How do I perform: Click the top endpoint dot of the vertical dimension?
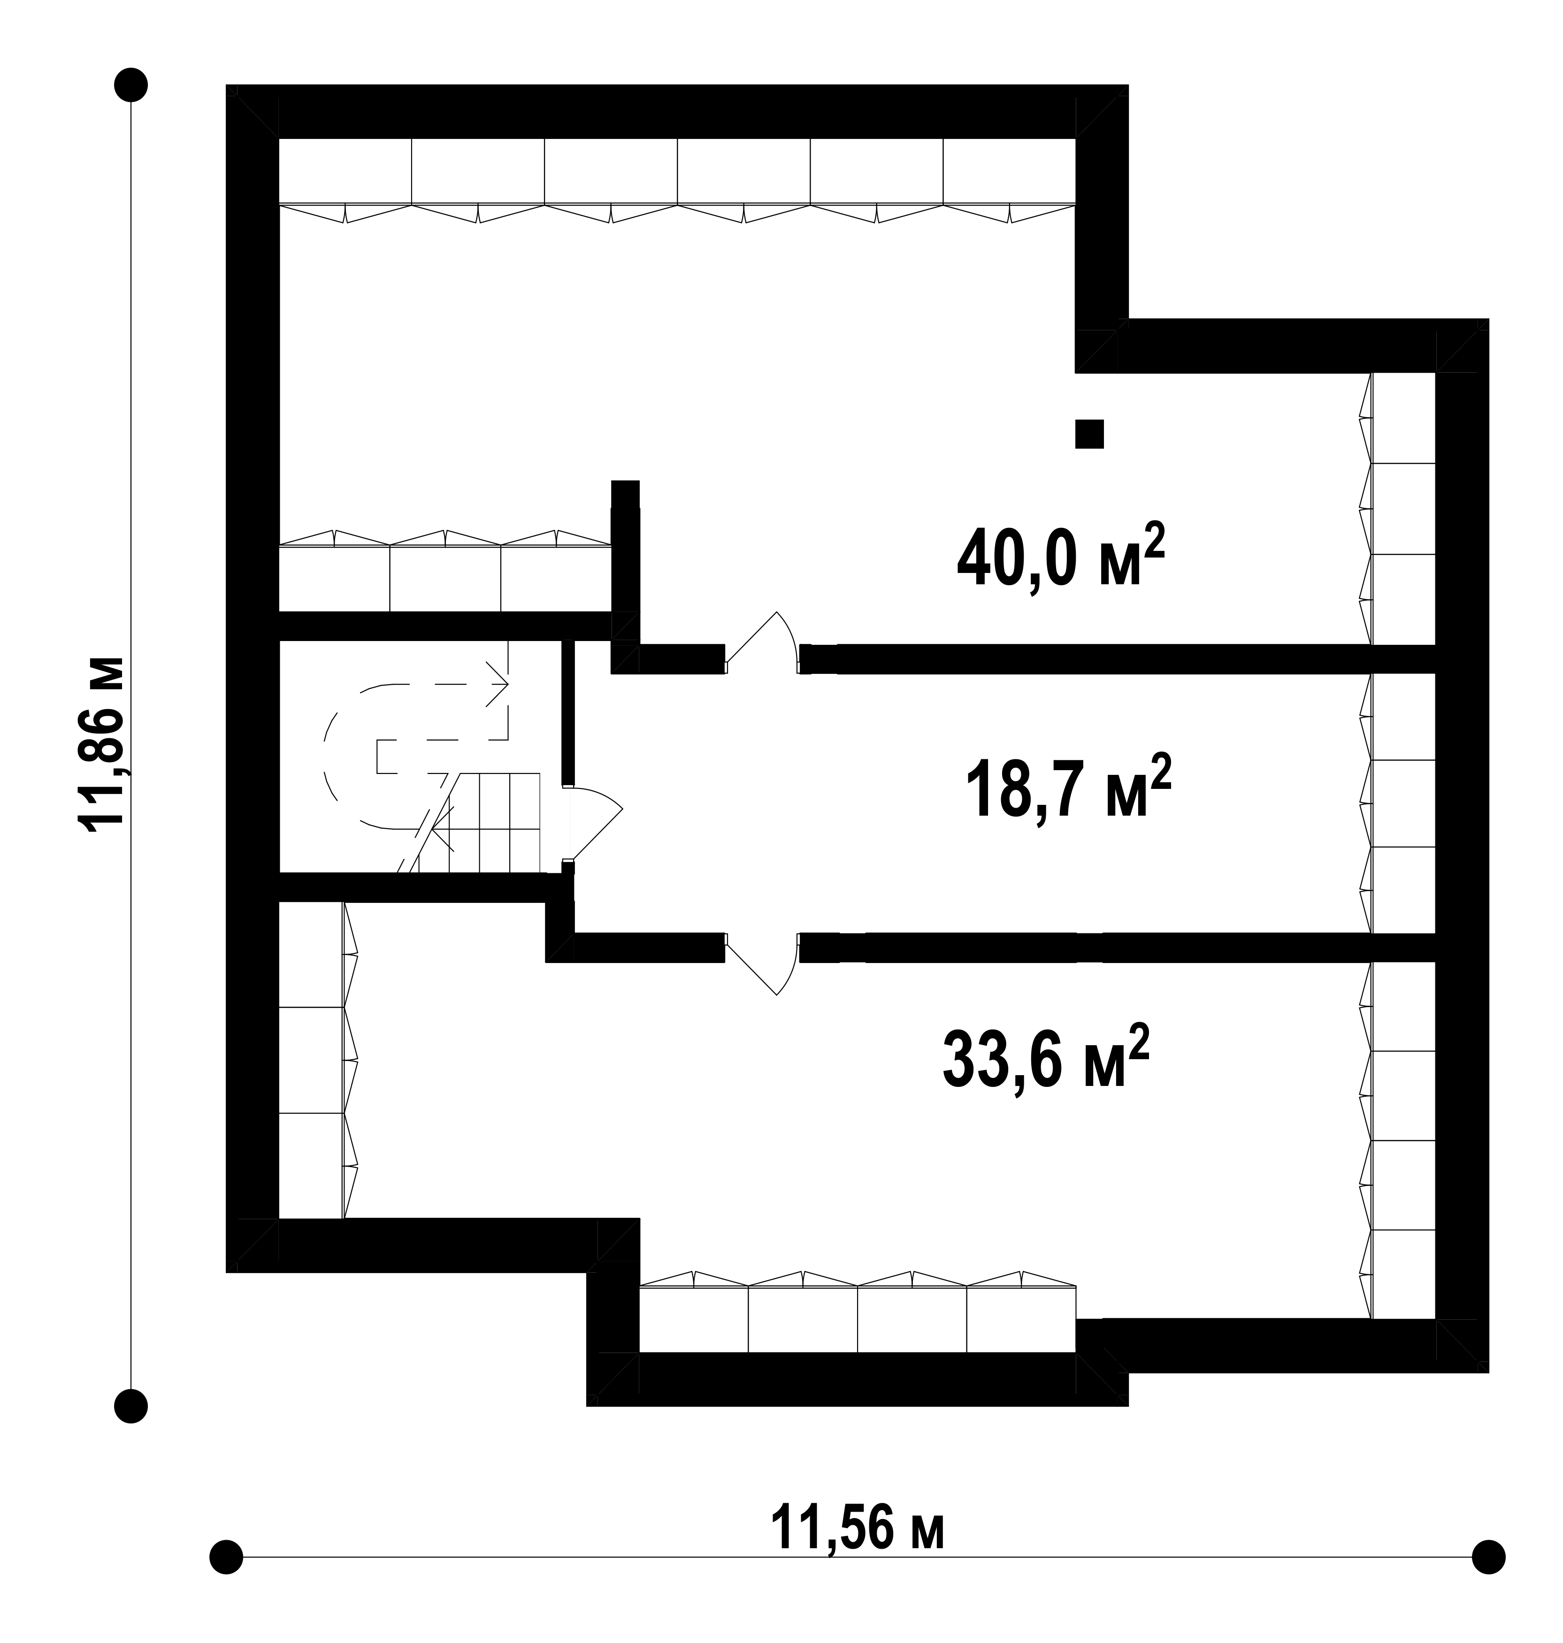point(131,85)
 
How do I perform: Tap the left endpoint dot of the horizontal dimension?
point(226,1556)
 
